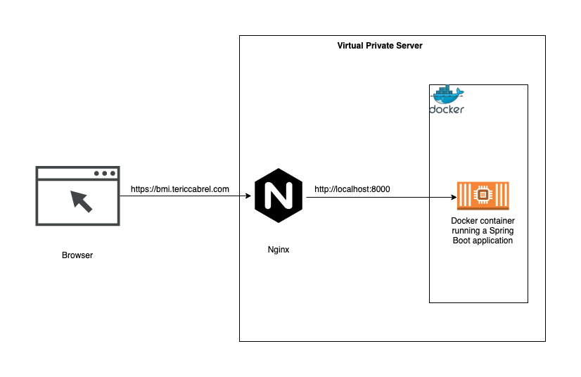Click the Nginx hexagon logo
[279, 196]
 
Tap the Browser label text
[77, 255]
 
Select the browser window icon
[77, 196]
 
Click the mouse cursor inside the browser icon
[82, 200]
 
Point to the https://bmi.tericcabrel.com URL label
[180, 189]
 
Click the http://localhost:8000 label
[352, 189]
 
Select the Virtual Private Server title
[380, 46]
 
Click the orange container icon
[483, 196]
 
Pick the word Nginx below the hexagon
[279, 250]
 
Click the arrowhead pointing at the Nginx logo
[248, 196]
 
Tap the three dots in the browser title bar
[104, 173]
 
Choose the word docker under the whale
[447, 110]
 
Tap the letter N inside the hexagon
[279, 196]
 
